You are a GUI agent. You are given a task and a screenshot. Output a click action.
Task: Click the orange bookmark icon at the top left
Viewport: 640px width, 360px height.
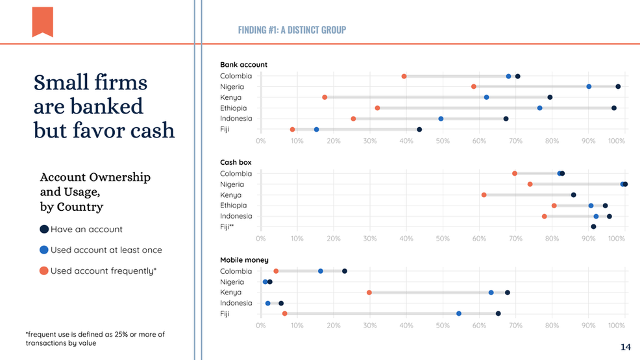pyautogui.click(x=42, y=21)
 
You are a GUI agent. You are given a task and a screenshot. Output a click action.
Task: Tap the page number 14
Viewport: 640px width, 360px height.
pyautogui.click(x=625, y=348)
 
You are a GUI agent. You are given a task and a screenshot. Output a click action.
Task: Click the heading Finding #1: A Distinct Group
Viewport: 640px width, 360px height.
pyautogui.click(x=291, y=30)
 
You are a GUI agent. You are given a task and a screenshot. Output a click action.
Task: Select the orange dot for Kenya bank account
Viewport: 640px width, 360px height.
pyautogui.click(x=325, y=97)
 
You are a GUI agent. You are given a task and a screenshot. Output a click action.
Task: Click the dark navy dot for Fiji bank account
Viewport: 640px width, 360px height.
pyautogui.click(x=419, y=130)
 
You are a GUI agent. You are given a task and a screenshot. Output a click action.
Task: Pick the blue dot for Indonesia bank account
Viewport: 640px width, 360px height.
pyautogui.click(x=441, y=119)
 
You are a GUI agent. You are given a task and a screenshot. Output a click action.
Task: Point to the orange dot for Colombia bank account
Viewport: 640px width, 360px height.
pyautogui.click(x=404, y=77)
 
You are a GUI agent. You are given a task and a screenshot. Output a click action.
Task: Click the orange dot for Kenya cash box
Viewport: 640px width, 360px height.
pyautogui.click(x=484, y=195)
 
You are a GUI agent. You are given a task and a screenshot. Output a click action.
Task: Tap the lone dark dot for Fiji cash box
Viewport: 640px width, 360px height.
pyautogui.click(x=593, y=226)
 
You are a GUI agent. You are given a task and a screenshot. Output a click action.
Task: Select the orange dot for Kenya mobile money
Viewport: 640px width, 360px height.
pyautogui.click(x=369, y=293)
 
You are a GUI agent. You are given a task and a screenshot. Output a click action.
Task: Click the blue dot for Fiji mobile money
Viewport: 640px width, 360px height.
pyautogui.click(x=459, y=314)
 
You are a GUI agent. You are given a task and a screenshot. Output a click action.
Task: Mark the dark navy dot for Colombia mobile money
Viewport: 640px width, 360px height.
pyautogui.click(x=345, y=271)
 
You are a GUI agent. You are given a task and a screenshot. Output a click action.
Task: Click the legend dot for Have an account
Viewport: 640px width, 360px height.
pyautogui.click(x=43, y=229)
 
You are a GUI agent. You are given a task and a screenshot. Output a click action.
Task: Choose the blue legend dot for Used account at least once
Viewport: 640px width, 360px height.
pyautogui.click(x=43, y=250)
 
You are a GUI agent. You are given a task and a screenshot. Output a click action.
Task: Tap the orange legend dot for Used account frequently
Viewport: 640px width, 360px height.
pyautogui.click(x=43, y=270)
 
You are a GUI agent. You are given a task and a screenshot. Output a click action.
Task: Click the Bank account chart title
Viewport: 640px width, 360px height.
pyautogui.click(x=243, y=65)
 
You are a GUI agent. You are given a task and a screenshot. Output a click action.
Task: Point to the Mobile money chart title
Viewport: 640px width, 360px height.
pyautogui.click(x=244, y=260)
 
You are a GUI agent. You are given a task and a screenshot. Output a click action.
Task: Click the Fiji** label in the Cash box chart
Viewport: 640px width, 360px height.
pyautogui.click(x=227, y=227)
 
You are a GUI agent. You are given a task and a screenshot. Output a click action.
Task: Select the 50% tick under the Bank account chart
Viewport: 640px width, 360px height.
pyautogui.click(x=443, y=140)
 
